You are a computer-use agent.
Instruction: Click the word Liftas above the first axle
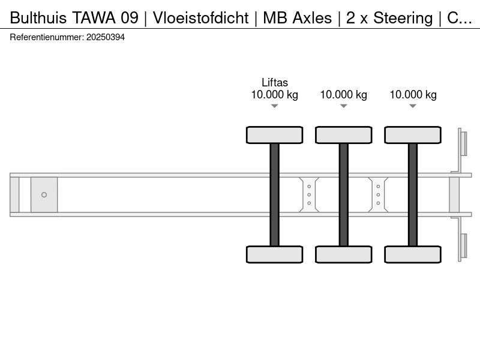[x=275, y=83]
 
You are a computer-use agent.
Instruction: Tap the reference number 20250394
[x=106, y=37]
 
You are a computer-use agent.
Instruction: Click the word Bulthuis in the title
[x=38, y=18]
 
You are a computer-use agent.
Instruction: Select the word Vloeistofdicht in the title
[x=201, y=18]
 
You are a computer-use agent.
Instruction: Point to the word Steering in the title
[x=403, y=18]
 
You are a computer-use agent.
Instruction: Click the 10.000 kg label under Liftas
[x=275, y=95]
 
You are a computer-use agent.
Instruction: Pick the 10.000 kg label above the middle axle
[x=343, y=95]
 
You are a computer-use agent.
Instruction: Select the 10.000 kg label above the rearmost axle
[x=413, y=95]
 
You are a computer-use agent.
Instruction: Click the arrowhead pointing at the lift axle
[x=275, y=106]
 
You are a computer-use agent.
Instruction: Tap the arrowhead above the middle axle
[x=343, y=106]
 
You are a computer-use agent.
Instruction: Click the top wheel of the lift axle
[x=275, y=135]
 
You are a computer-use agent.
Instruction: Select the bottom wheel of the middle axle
[x=343, y=254]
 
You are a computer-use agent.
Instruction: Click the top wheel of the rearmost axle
[x=413, y=135]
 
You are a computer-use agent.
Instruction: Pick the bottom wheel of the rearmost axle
[x=413, y=254]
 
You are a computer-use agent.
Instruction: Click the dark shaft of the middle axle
[x=343, y=194]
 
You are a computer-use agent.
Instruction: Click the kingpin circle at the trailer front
[x=44, y=194]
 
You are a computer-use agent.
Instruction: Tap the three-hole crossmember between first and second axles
[x=309, y=194]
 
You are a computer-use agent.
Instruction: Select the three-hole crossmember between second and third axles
[x=378, y=194]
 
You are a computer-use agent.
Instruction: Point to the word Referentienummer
[x=47, y=37]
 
